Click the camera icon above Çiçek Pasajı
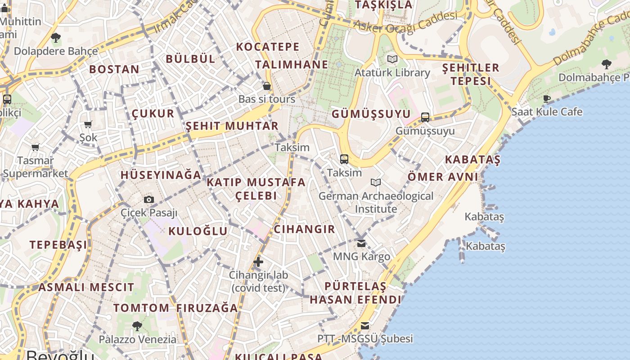149,199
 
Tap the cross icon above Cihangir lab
258,261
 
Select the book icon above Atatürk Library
392,59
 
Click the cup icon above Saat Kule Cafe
547,99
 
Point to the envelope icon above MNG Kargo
361,243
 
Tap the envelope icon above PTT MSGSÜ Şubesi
365,325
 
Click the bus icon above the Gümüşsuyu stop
425,117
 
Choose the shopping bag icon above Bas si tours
267,85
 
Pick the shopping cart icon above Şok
88,124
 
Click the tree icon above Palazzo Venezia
137,326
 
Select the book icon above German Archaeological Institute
376,182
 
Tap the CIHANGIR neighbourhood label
305,229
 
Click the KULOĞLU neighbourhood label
198,231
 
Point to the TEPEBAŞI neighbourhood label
58,245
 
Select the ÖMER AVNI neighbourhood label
443,177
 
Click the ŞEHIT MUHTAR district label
232,126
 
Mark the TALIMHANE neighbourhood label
292,64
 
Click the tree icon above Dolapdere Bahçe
55,38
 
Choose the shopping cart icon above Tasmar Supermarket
36,147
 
